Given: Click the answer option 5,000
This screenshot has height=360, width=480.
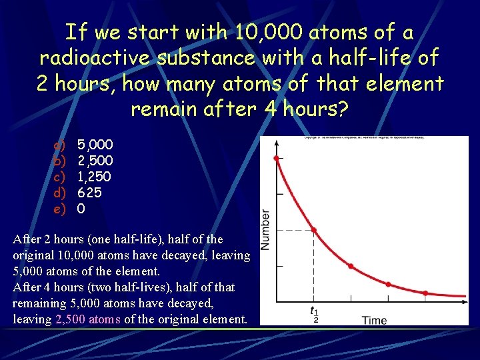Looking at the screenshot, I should tap(95, 145).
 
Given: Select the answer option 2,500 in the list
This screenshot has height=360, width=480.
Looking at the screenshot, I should tap(95, 161).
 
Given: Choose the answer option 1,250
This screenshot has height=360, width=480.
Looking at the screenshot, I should tap(94, 177).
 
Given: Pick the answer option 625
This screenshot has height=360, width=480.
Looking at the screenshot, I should tap(89, 193).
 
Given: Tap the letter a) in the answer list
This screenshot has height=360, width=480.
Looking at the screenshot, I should tap(59, 145).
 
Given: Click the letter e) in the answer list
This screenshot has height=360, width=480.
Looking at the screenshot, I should tap(59, 209).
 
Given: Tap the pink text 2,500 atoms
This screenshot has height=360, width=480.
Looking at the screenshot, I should tap(88, 319).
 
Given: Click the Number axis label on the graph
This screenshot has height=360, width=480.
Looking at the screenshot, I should tap(265, 230).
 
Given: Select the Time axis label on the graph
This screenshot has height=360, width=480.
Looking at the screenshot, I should tap(374, 320).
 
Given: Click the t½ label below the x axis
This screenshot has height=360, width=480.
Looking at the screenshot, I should tap(314, 313).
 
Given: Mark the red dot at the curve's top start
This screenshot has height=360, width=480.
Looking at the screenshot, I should tap(277, 158).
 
